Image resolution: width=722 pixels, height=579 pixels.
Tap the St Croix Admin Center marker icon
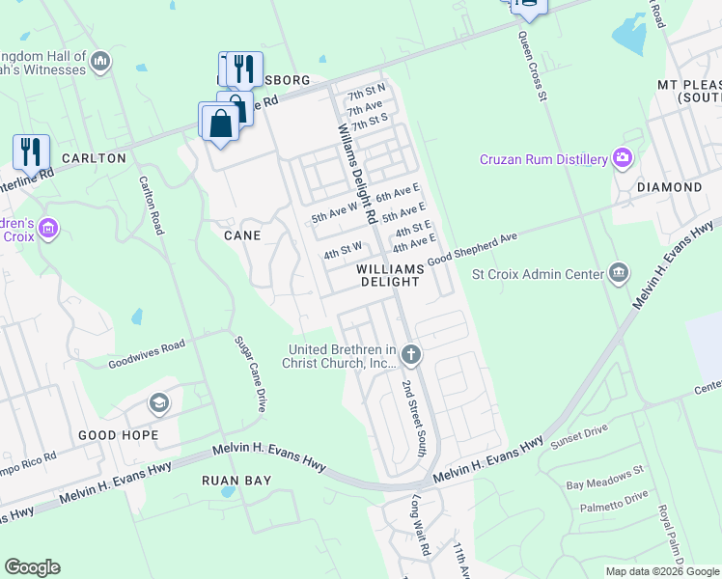click(x=620, y=273)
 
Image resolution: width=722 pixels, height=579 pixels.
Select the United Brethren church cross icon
click(x=411, y=355)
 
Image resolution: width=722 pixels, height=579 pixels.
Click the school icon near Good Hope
click(x=158, y=403)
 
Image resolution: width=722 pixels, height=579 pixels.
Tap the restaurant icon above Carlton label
click(x=31, y=151)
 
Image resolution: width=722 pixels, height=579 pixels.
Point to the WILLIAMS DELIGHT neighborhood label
click(x=390, y=275)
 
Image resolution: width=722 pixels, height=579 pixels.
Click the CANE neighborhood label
click(x=241, y=235)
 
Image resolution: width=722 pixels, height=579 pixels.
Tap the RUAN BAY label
click(x=236, y=480)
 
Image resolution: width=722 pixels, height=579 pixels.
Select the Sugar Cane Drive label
click(x=249, y=373)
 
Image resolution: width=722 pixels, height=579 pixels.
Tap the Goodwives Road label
click(x=146, y=353)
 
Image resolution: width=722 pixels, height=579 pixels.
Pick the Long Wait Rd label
click(x=420, y=525)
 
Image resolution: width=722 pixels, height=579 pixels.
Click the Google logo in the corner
click(x=32, y=567)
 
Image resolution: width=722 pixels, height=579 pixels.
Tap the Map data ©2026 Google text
click(x=661, y=571)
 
